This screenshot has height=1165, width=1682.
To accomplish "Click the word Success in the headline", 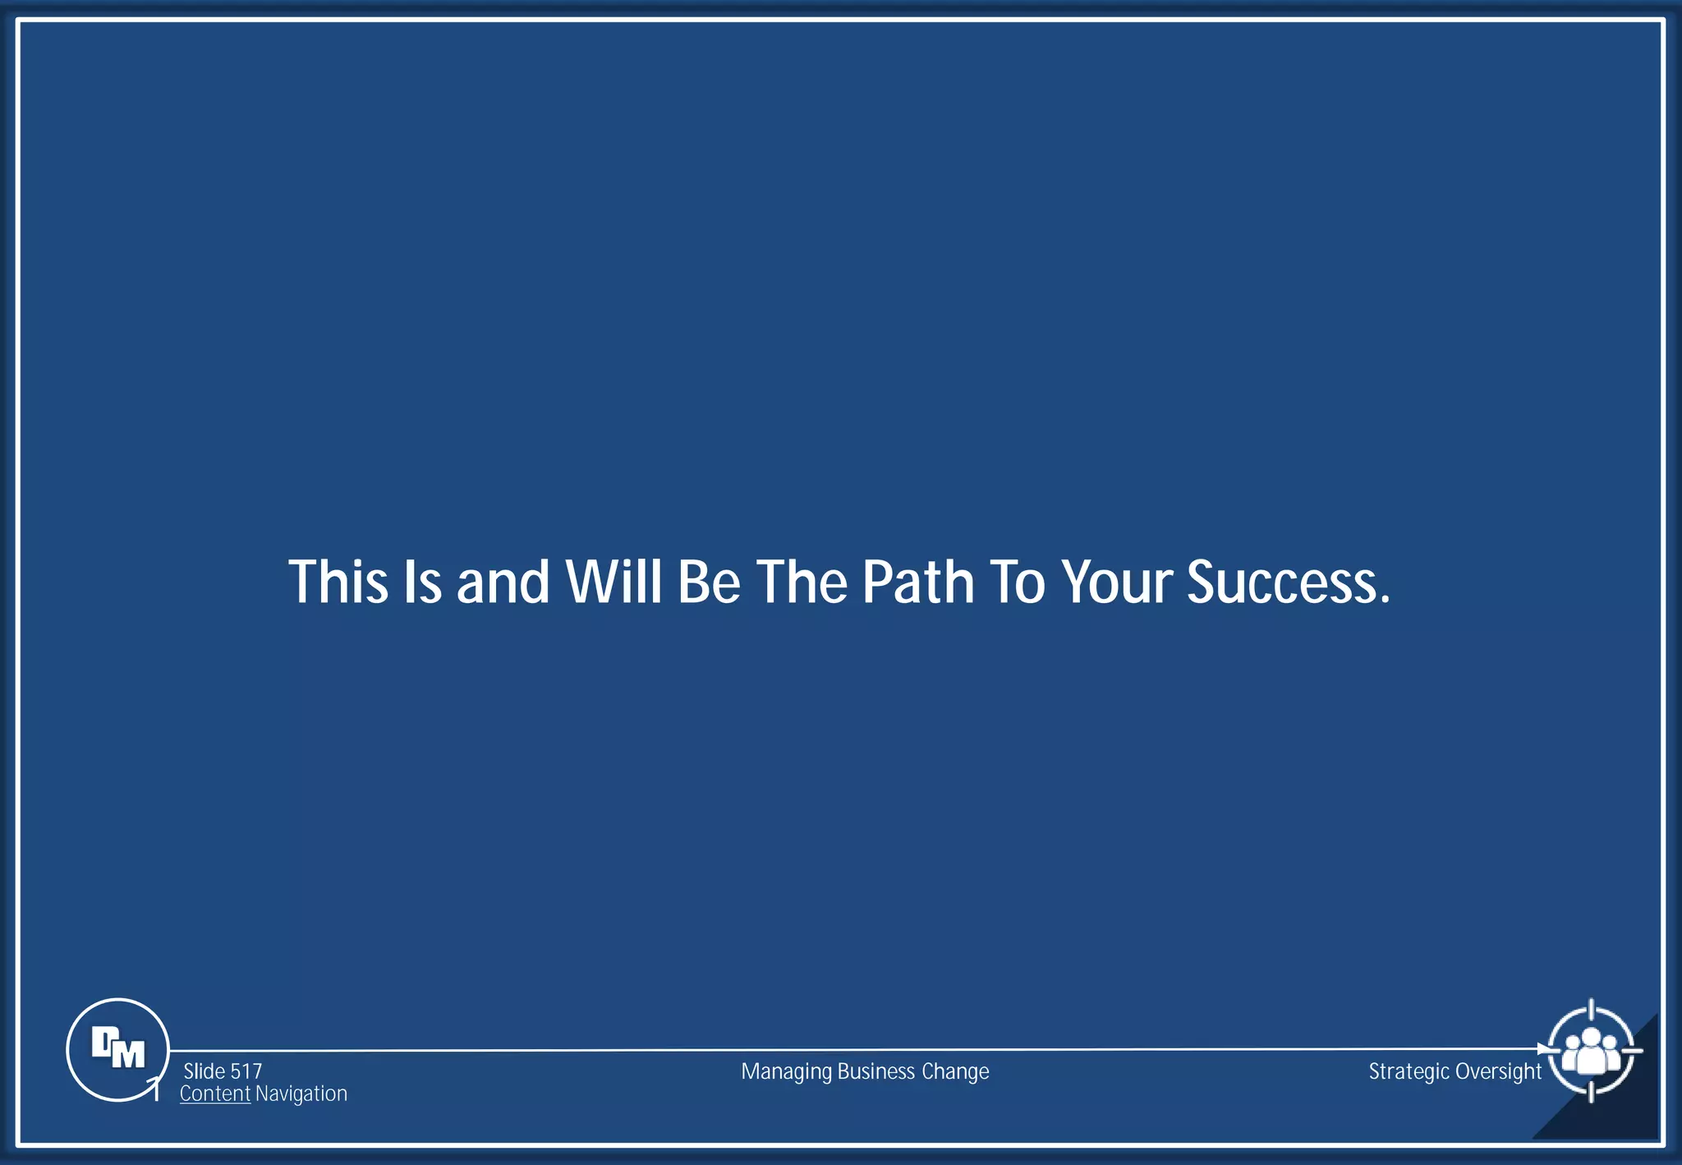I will (x=1288, y=582).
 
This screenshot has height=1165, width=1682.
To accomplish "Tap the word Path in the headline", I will (x=917, y=582).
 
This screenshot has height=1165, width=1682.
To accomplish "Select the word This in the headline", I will (x=338, y=582).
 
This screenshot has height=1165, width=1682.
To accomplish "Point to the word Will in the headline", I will (x=614, y=582).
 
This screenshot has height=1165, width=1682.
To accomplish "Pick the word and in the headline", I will (x=503, y=582).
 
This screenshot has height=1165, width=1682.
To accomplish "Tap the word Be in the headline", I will (x=709, y=582).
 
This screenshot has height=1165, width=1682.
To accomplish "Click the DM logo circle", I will (x=117, y=1049).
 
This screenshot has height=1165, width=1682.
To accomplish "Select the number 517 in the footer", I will (x=246, y=1071).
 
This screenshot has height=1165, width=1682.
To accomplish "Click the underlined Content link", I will (x=215, y=1094).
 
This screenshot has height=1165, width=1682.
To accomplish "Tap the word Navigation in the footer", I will (x=301, y=1094).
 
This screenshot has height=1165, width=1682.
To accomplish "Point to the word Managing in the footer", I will (x=786, y=1072).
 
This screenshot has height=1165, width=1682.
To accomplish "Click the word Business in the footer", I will (x=875, y=1071).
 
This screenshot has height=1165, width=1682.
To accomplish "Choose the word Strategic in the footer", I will (x=1409, y=1072).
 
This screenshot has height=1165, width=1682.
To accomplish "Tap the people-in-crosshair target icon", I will (x=1591, y=1051).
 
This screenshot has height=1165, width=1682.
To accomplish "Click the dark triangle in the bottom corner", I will (x=1622, y=1109).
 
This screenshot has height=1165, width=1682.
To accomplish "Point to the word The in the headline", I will (x=802, y=582).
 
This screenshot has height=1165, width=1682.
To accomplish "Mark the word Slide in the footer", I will (x=205, y=1071).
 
